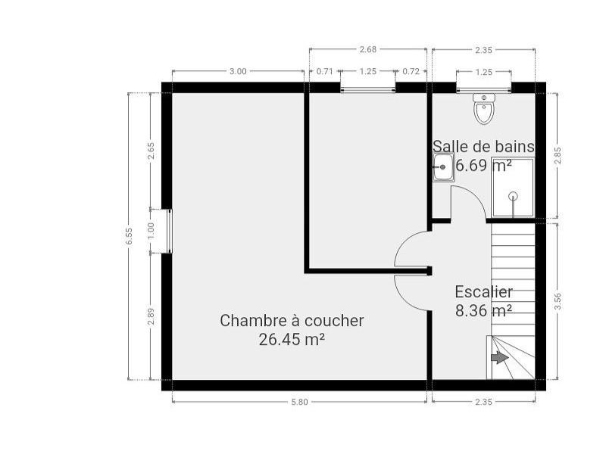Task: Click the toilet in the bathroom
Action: (484, 108)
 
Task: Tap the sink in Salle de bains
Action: (443, 167)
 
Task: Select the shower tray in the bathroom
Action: (513, 187)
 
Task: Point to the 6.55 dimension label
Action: (129, 236)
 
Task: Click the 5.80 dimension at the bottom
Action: (299, 402)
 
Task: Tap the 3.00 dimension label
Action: (238, 71)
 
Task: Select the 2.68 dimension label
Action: (367, 49)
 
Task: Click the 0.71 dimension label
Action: (324, 71)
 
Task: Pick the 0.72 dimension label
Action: (411, 71)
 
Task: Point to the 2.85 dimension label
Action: (558, 156)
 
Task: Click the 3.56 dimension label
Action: (558, 301)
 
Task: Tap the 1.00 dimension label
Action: (151, 231)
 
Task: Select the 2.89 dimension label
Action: (151, 316)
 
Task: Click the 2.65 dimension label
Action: (151, 151)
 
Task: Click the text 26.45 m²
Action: (292, 340)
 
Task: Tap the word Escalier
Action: (484, 292)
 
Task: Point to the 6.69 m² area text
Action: (484, 166)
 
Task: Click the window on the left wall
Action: (169, 231)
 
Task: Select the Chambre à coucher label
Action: (292, 321)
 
